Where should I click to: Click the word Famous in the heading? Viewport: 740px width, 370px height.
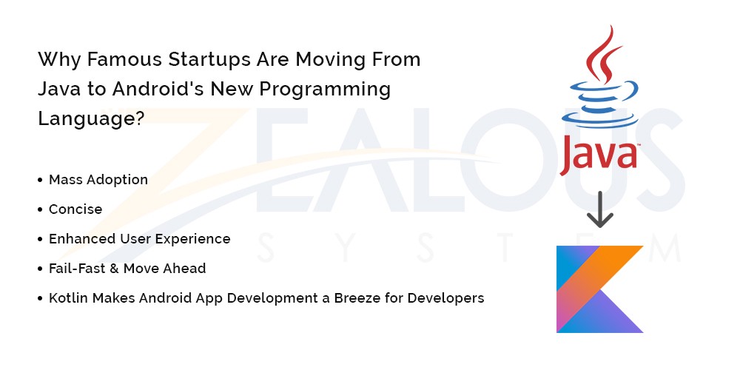tap(124, 59)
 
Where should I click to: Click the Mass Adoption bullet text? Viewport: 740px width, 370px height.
tap(98, 180)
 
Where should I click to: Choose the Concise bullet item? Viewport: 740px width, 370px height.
tap(75, 209)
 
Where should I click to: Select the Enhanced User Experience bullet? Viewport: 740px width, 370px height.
tap(140, 239)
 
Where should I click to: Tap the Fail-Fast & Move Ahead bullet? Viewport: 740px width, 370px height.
tap(127, 269)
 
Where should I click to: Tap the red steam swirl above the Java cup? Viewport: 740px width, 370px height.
tap(603, 54)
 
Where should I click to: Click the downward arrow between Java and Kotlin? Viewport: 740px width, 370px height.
tap(600, 209)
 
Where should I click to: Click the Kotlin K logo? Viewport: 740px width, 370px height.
tap(600, 289)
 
